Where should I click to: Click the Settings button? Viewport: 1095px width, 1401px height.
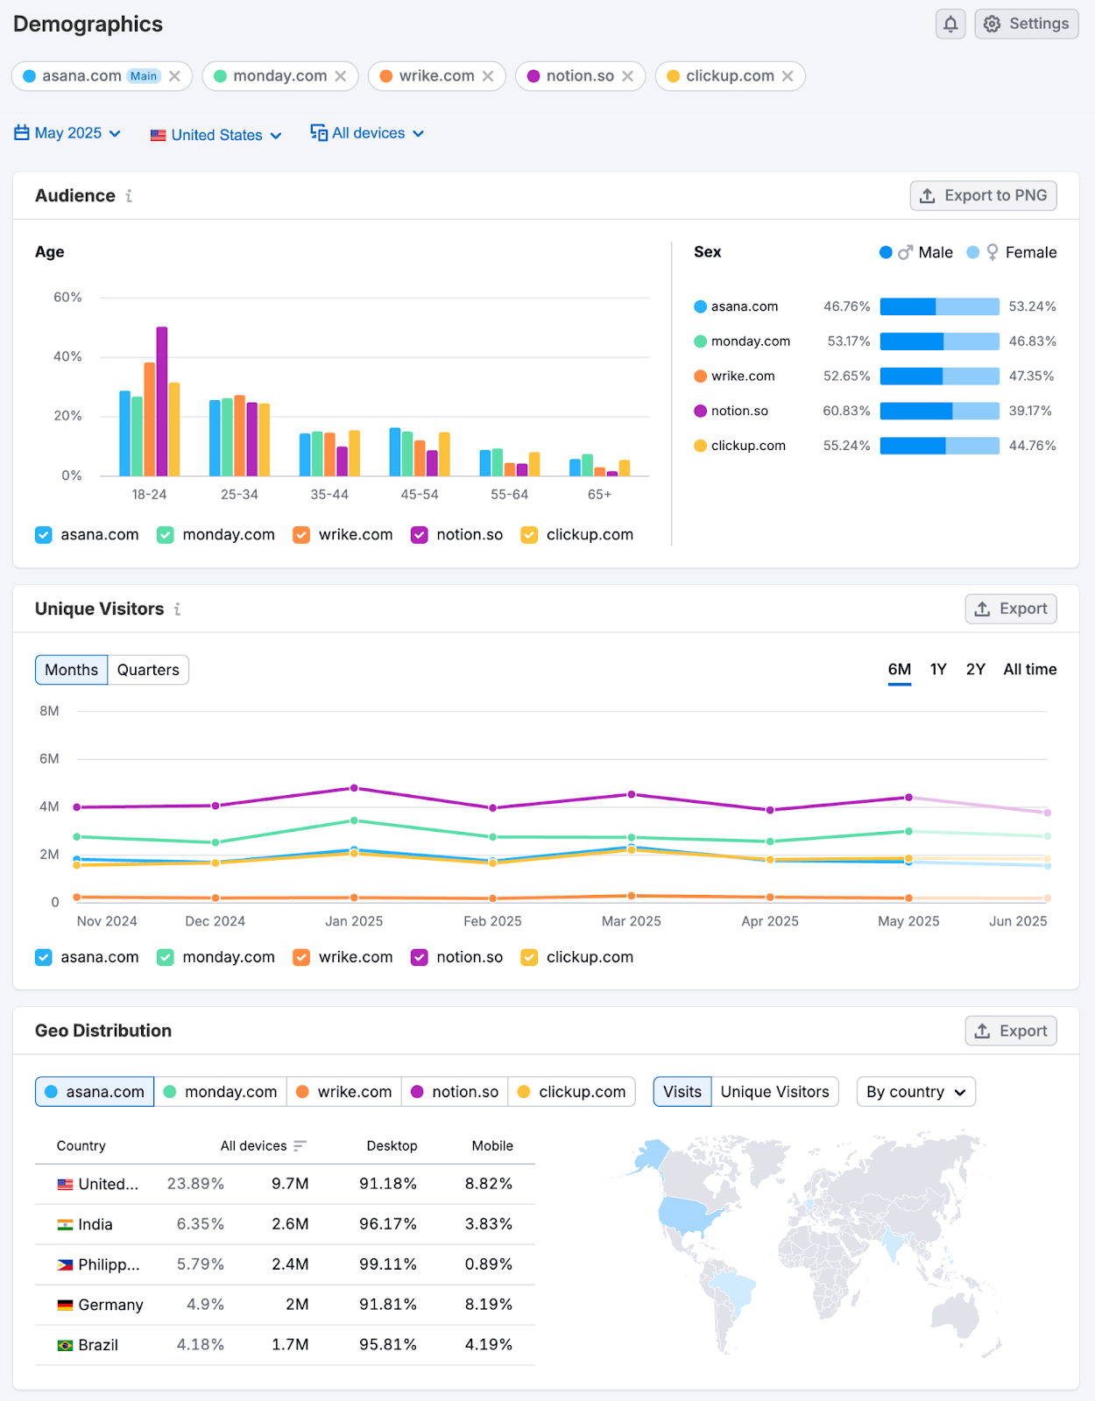(x=1026, y=24)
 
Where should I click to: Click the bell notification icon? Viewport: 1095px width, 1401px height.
(x=950, y=24)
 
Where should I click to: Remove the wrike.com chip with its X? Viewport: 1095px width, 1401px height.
(x=488, y=76)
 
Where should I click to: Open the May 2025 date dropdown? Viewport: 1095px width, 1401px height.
(x=67, y=133)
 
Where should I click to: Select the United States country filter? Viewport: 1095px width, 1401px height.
(x=215, y=135)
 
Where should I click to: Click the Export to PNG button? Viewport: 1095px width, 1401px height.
(x=983, y=195)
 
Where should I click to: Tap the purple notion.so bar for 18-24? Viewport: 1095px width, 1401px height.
(x=162, y=401)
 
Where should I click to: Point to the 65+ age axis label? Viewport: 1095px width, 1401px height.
(x=599, y=495)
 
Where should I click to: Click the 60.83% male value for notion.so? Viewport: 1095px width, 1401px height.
(x=846, y=411)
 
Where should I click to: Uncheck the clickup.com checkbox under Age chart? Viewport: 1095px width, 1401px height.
(x=529, y=535)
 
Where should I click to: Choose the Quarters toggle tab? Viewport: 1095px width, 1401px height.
(x=148, y=670)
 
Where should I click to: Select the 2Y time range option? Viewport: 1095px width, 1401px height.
(x=975, y=670)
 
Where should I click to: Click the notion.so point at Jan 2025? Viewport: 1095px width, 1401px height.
(x=354, y=788)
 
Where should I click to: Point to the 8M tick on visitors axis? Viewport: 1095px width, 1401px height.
(x=49, y=711)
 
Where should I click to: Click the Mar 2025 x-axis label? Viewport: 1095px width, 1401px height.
(x=631, y=921)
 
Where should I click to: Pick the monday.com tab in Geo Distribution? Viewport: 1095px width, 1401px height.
(x=221, y=1092)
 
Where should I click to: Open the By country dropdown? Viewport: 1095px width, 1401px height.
(x=915, y=1092)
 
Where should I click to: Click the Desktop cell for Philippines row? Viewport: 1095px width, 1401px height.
(x=387, y=1264)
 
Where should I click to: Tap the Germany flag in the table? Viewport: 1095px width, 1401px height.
(x=65, y=1305)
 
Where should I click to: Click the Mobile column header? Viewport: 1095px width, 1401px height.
(x=492, y=1146)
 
